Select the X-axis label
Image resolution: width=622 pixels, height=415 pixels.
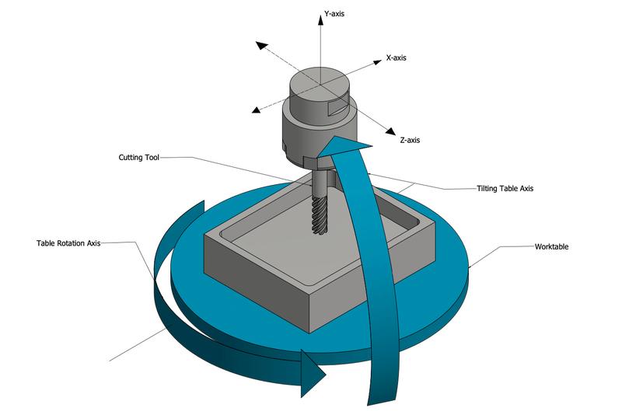click(x=396, y=58)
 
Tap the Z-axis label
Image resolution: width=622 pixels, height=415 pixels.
click(x=410, y=140)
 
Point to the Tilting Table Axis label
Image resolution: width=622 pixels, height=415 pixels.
click(x=505, y=189)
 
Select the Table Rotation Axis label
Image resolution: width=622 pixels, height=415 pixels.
click(x=68, y=243)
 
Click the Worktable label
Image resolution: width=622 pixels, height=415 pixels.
click(x=552, y=246)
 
